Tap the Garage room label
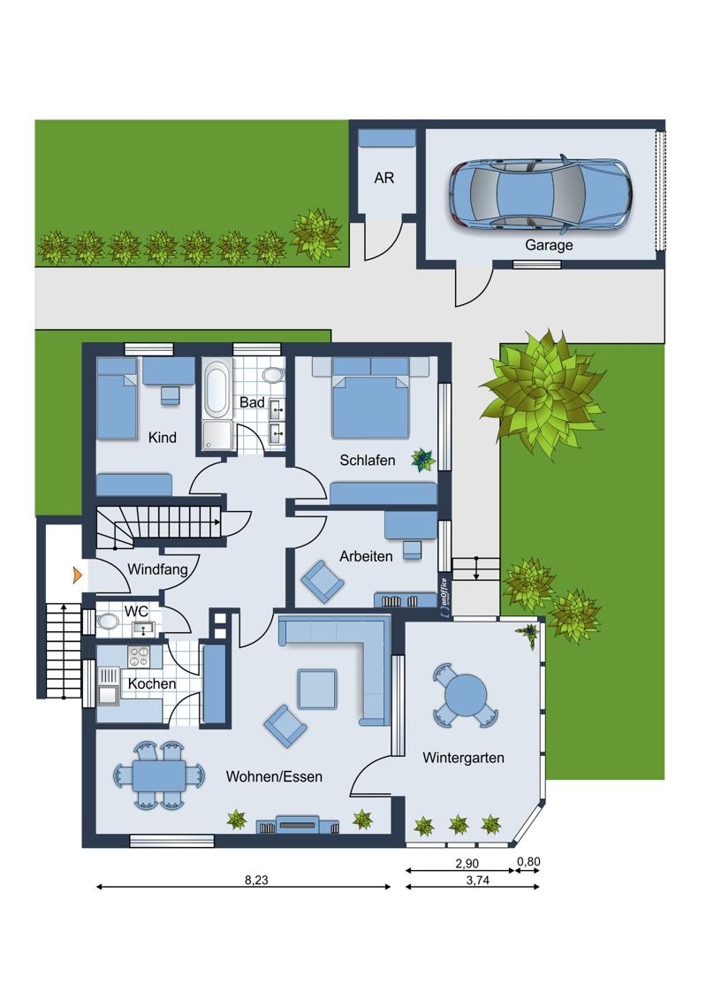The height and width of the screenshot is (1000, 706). click(x=548, y=245)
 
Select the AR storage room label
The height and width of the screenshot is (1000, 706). click(x=384, y=178)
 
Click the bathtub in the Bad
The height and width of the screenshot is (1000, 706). click(x=217, y=388)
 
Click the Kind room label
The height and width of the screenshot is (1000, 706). click(x=162, y=438)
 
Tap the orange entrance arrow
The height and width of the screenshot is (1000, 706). click(x=77, y=575)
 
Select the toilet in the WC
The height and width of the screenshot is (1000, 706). click(x=108, y=621)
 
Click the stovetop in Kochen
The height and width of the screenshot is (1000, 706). click(x=138, y=656)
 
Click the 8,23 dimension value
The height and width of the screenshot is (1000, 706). click(x=256, y=880)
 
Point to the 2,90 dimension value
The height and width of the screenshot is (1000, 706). click(x=467, y=864)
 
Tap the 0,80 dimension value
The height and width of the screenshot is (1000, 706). click(x=528, y=862)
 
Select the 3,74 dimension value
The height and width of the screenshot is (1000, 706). click(x=478, y=880)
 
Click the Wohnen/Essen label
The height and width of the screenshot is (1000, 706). click(x=274, y=777)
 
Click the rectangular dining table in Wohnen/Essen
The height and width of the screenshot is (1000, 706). click(x=159, y=776)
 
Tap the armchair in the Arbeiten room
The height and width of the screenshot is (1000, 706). click(x=322, y=581)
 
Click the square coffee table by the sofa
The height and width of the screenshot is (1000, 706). click(x=317, y=689)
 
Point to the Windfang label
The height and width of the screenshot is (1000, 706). click(x=158, y=570)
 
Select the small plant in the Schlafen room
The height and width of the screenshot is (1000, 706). click(x=423, y=459)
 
